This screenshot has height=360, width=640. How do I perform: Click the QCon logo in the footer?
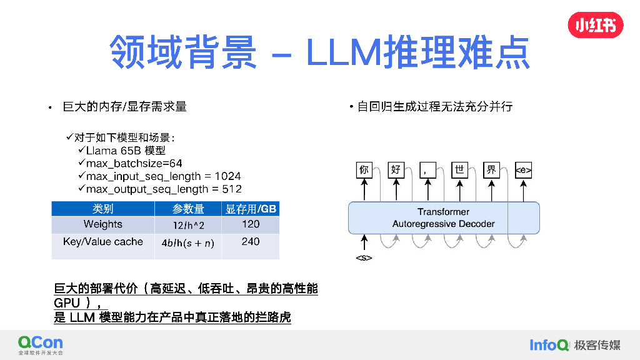pos(41,344)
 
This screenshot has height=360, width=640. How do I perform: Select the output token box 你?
pos(364,169)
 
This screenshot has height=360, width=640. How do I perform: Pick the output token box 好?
pos(396,169)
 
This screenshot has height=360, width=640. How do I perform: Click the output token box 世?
pos(459,169)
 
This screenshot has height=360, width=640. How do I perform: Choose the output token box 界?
pos(491,169)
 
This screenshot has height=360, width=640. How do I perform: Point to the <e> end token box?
pos(523,169)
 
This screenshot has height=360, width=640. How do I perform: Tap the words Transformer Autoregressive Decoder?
pos(443,218)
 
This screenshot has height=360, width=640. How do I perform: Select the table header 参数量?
pos(188,209)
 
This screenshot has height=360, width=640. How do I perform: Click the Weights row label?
pos(103,224)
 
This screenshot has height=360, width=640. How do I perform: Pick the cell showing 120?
pos(251,224)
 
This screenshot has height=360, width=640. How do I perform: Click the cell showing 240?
pos(251,242)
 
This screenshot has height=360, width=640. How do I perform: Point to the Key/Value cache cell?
pos(103,242)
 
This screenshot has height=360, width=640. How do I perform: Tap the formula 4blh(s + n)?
pos(188,244)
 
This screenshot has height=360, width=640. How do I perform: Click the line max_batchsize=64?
pos(134,163)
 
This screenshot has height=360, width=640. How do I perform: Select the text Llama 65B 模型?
pos(126,151)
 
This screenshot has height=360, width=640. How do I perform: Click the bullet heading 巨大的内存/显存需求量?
pos(124,107)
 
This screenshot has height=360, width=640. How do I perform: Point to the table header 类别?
pos(103,209)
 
